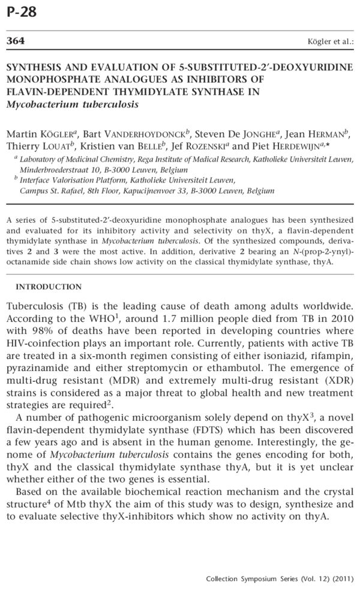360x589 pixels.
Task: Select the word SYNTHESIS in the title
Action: click(x=32, y=70)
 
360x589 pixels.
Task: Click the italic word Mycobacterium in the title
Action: click(x=38, y=104)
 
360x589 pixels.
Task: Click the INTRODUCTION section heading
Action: click(x=49, y=286)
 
